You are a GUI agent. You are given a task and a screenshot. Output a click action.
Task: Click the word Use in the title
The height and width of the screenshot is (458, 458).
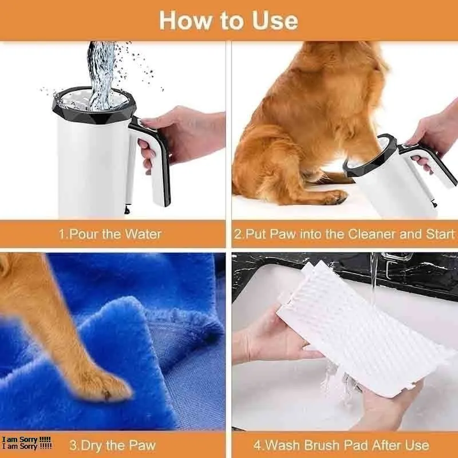[275, 21]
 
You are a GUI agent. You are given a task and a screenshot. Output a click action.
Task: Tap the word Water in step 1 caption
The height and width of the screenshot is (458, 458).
[143, 234]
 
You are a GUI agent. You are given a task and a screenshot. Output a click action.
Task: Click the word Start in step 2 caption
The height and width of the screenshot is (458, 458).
[440, 234]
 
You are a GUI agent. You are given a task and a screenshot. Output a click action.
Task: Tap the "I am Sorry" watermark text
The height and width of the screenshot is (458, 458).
[26, 443]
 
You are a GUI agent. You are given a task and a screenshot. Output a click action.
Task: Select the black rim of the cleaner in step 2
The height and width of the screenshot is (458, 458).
[370, 158]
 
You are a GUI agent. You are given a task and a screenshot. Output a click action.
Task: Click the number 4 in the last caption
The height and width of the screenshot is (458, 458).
[257, 445]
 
